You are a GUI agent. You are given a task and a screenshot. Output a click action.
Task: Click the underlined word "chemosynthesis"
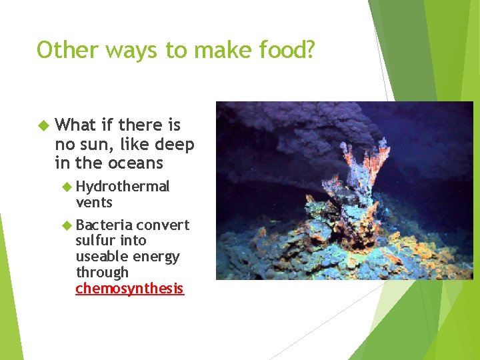[x=129, y=289]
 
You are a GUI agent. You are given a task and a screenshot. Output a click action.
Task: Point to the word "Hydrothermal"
[x=123, y=186]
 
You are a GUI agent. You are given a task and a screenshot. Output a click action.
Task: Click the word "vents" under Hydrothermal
[x=94, y=202]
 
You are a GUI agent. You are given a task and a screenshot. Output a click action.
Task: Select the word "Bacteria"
[x=104, y=225]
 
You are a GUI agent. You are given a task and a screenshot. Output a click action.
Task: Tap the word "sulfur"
[x=96, y=241]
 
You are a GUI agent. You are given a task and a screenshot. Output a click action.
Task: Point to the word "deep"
[x=174, y=144]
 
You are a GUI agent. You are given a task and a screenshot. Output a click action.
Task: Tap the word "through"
[x=102, y=273]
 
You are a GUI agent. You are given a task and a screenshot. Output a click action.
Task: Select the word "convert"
[x=163, y=225]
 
